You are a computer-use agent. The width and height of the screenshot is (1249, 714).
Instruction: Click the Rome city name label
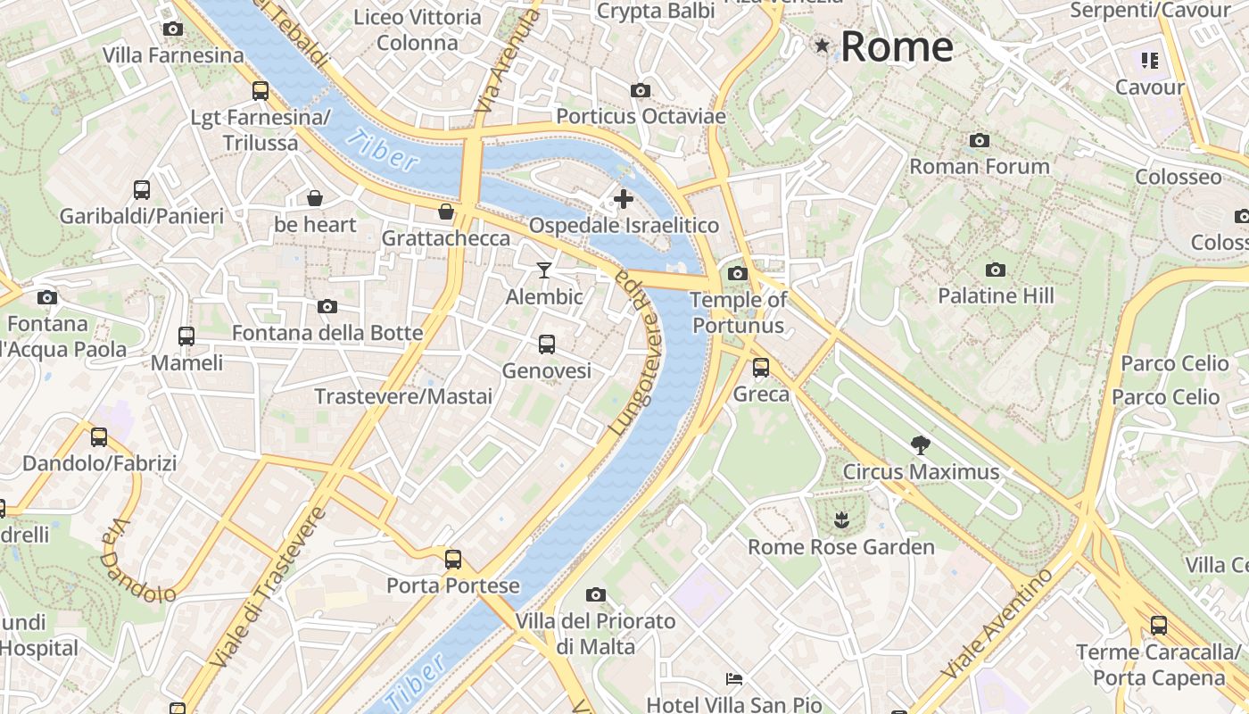click(x=897, y=46)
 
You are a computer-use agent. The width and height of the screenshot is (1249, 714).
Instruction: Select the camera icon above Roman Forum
click(x=980, y=140)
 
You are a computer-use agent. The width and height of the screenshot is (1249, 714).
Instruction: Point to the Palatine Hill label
click(x=996, y=295)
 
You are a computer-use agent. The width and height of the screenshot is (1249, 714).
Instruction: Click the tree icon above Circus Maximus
click(x=920, y=444)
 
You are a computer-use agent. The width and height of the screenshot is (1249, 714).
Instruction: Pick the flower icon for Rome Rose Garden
click(x=840, y=519)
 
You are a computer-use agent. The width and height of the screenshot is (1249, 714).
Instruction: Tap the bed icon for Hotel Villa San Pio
click(x=734, y=679)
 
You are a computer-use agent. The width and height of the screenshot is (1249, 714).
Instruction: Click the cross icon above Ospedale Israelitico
click(x=624, y=199)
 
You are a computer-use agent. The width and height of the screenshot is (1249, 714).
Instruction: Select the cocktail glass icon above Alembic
click(x=544, y=270)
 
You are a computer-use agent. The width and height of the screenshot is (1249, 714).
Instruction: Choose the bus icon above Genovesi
click(x=547, y=344)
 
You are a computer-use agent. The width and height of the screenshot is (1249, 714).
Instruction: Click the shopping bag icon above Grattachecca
click(x=445, y=212)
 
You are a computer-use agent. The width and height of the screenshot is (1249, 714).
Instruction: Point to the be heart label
click(x=315, y=224)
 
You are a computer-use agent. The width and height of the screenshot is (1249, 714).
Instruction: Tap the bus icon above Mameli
click(x=186, y=336)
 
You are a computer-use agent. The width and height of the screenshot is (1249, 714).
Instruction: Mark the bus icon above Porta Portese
click(x=453, y=560)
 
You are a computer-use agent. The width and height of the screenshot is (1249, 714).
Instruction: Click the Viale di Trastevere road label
click(x=269, y=587)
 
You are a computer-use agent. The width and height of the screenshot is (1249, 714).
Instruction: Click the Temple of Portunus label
click(x=739, y=311)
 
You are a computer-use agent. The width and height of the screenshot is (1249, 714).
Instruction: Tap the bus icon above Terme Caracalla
click(x=1158, y=626)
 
